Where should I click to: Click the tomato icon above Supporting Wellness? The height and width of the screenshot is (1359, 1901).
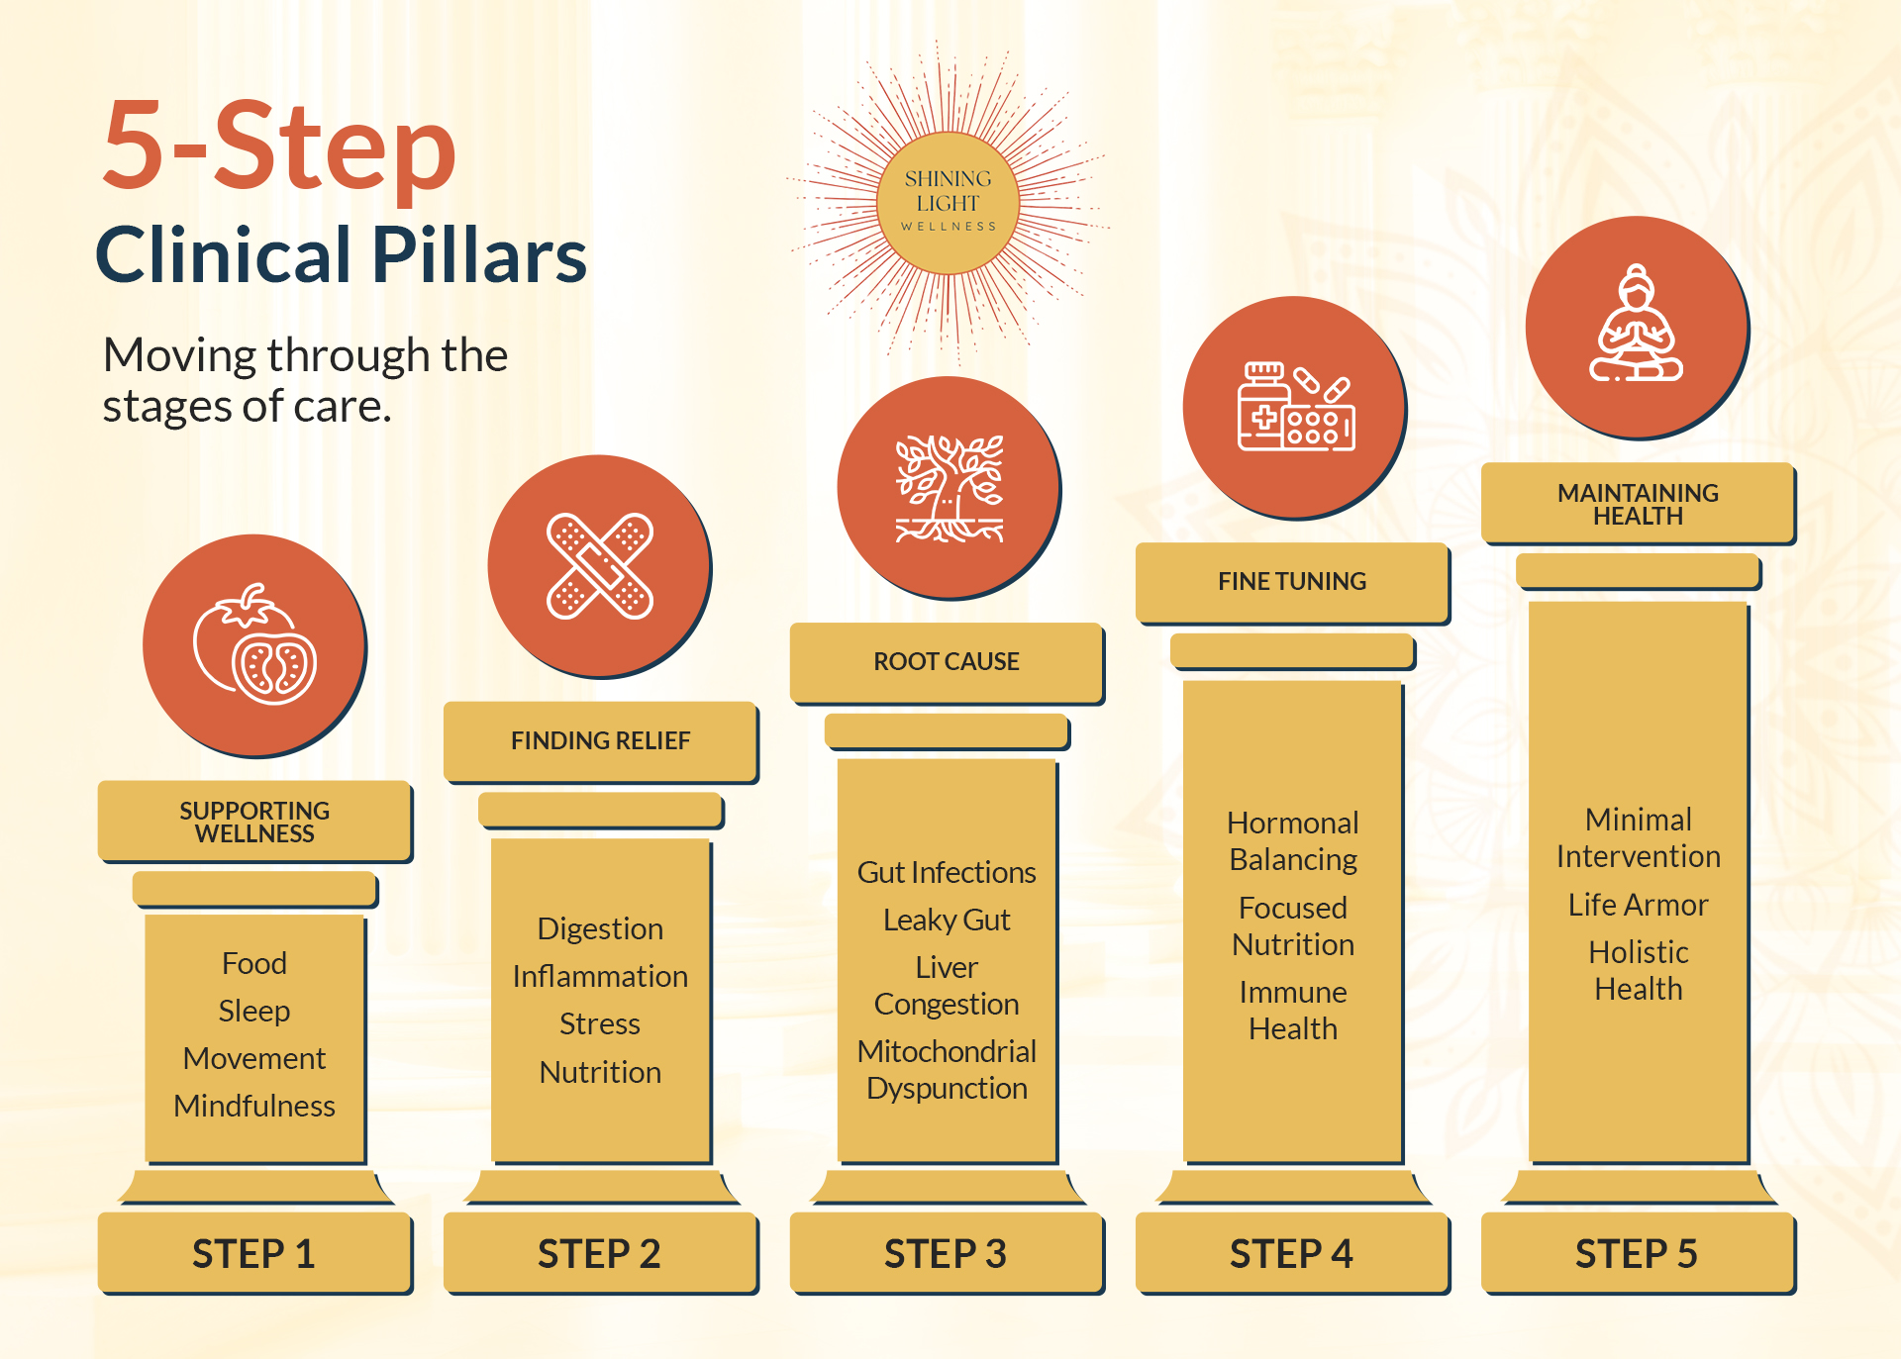[x=254, y=644]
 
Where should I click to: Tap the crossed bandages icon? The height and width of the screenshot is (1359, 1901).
[x=600, y=566]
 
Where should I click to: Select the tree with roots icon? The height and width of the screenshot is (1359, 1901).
[x=950, y=488]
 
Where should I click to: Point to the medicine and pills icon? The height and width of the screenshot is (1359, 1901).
[x=1296, y=407]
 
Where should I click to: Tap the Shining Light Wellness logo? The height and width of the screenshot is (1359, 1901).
[x=949, y=203]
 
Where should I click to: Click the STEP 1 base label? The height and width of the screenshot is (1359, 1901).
[x=253, y=1254]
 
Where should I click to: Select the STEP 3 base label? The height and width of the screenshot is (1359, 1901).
[x=946, y=1254]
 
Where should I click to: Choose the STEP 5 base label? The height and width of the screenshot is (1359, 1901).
[x=1637, y=1254]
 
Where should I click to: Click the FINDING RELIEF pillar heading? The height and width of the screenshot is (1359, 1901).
[x=600, y=740]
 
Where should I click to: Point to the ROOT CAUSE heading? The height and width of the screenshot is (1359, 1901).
[x=947, y=661]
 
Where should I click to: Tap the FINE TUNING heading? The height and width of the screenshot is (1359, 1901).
[x=1292, y=581]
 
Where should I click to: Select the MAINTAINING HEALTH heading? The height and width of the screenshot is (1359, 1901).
[x=1638, y=504]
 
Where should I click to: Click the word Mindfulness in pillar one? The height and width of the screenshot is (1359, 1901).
[x=254, y=1106]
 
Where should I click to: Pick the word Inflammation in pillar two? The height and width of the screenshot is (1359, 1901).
[x=600, y=976]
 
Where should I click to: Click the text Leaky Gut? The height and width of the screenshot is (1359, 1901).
[x=947, y=920]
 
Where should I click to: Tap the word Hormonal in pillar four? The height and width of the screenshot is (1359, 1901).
[x=1293, y=823]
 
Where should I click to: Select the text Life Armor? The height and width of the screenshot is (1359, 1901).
[x=1639, y=905]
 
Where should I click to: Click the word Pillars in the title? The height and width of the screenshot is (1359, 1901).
[x=479, y=254]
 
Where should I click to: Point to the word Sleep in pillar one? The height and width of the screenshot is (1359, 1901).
[x=254, y=1011]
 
